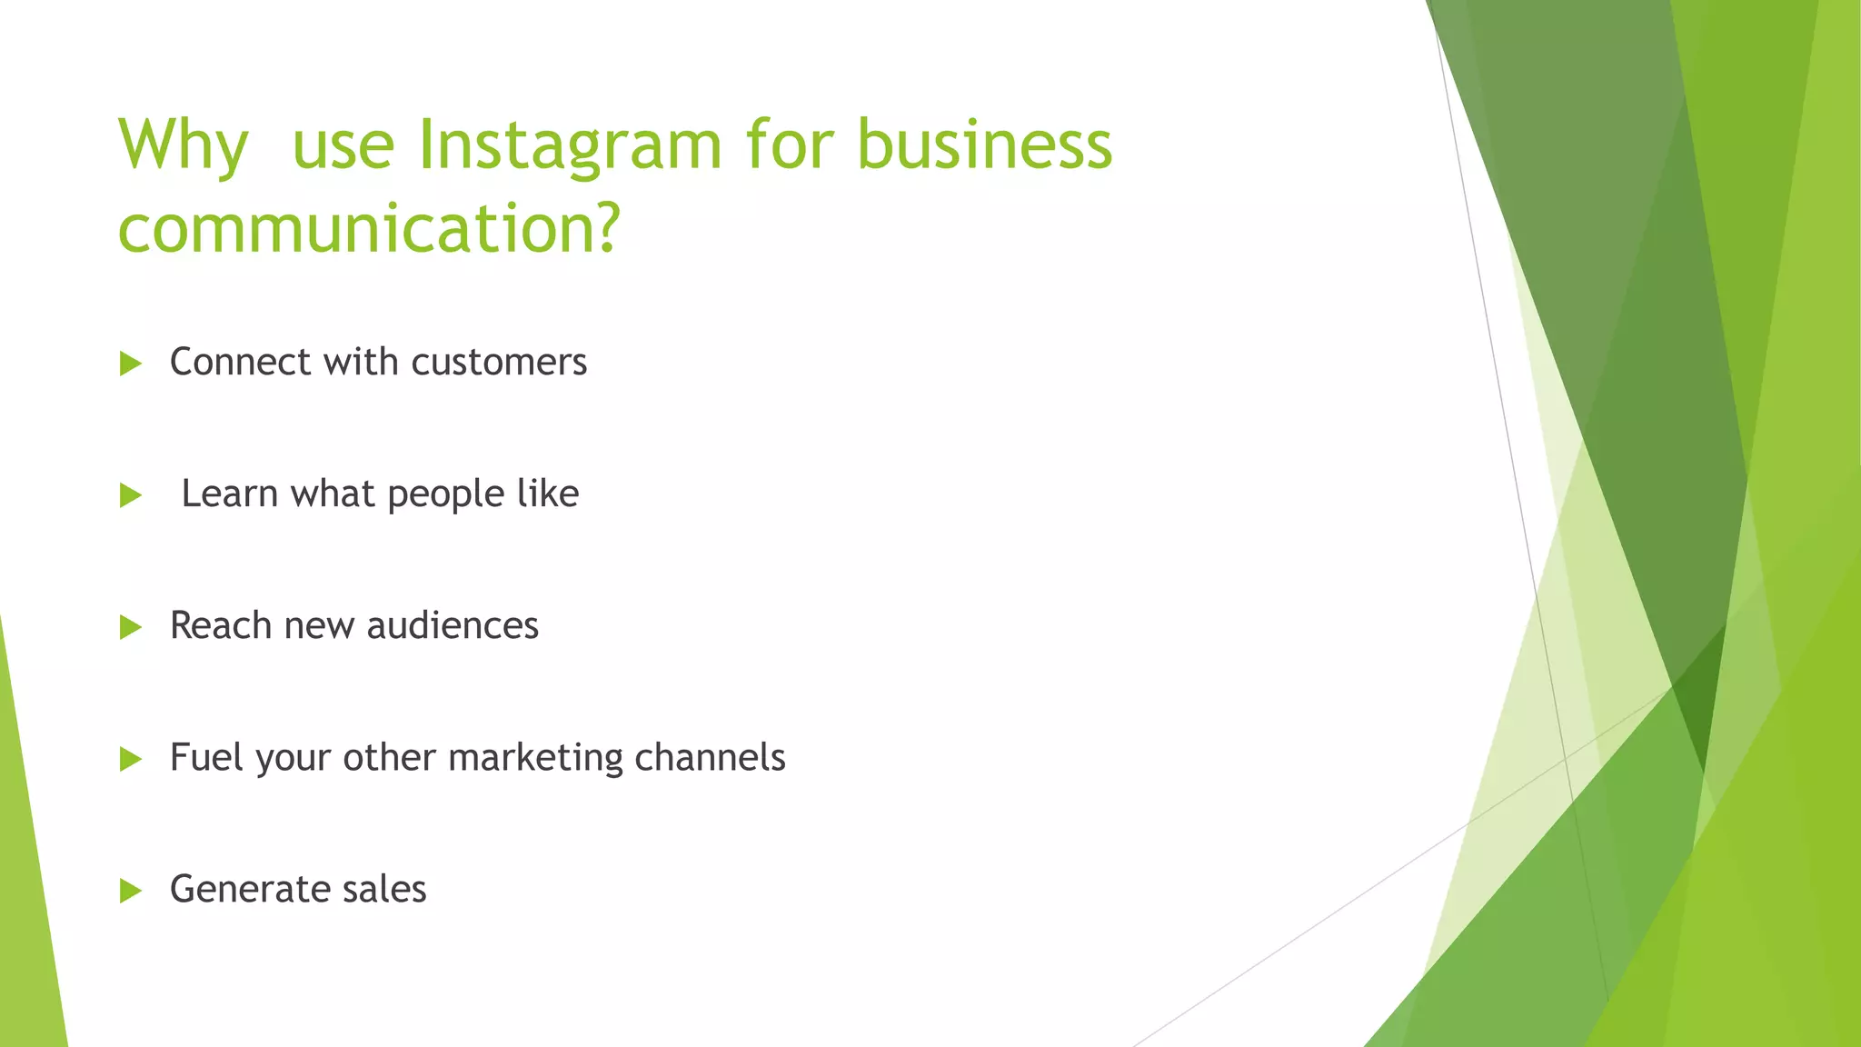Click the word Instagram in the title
click(570, 145)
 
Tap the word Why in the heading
click(183, 145)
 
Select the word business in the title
click(984, 145)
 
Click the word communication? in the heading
click(369, 229)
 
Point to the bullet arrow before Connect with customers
click(131, 364)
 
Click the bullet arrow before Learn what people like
click(131, 496)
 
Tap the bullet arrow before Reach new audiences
click(131, 627)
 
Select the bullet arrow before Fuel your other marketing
click(131, 759)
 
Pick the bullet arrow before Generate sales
click(131, 891)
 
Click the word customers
click(499, 363)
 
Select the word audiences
click(453, 626)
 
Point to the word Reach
click(221, 626)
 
